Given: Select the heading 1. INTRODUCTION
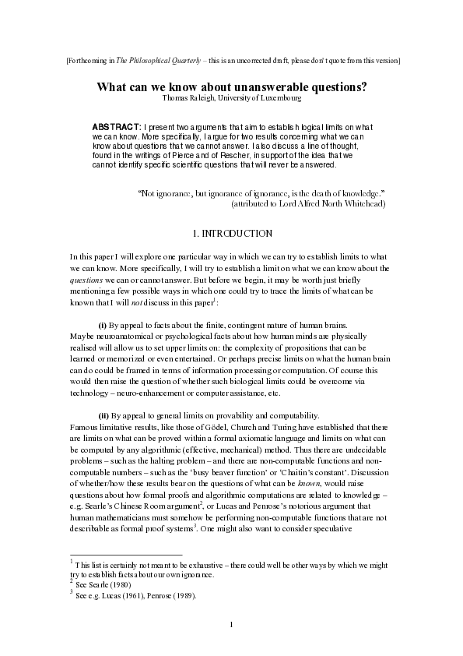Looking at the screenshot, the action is click(x=231, y=233).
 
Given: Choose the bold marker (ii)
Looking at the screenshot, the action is click(x=103, y=415).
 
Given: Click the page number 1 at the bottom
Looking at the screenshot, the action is click(x=232, y=625).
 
